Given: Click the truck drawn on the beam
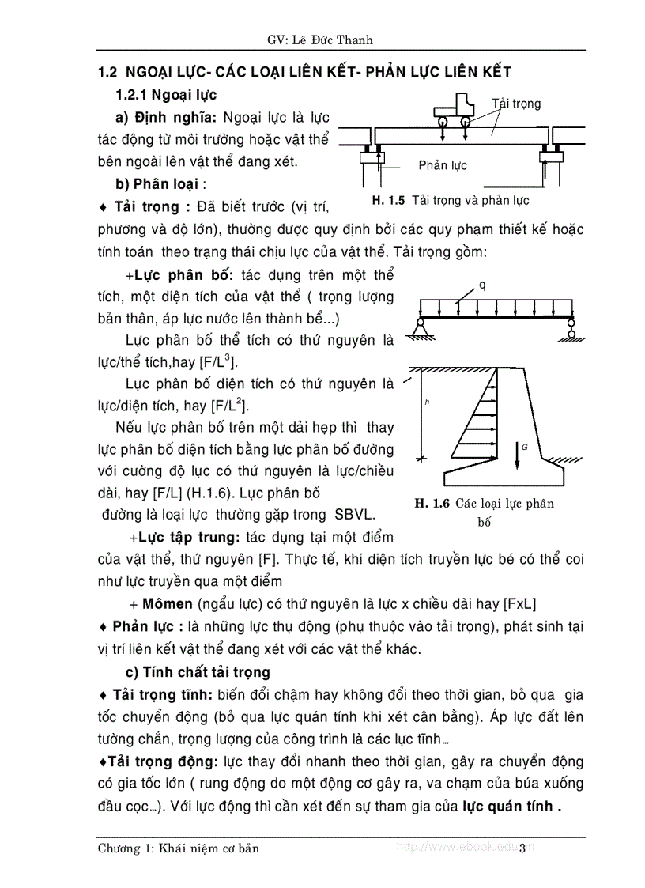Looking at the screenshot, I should coord(455,111).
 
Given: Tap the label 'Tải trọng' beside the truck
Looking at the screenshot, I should coord(516,104).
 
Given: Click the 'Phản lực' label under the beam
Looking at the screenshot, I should coord(443,165).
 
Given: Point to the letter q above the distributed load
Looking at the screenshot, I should coord(482,285).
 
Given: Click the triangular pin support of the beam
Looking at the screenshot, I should coord(422,323).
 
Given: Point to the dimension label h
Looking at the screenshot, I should coord(426,402).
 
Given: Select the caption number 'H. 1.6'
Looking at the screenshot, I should coord(432,504).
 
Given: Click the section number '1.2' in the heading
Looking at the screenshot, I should coord(107,72).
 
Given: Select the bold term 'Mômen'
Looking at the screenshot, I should coord(168,603).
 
